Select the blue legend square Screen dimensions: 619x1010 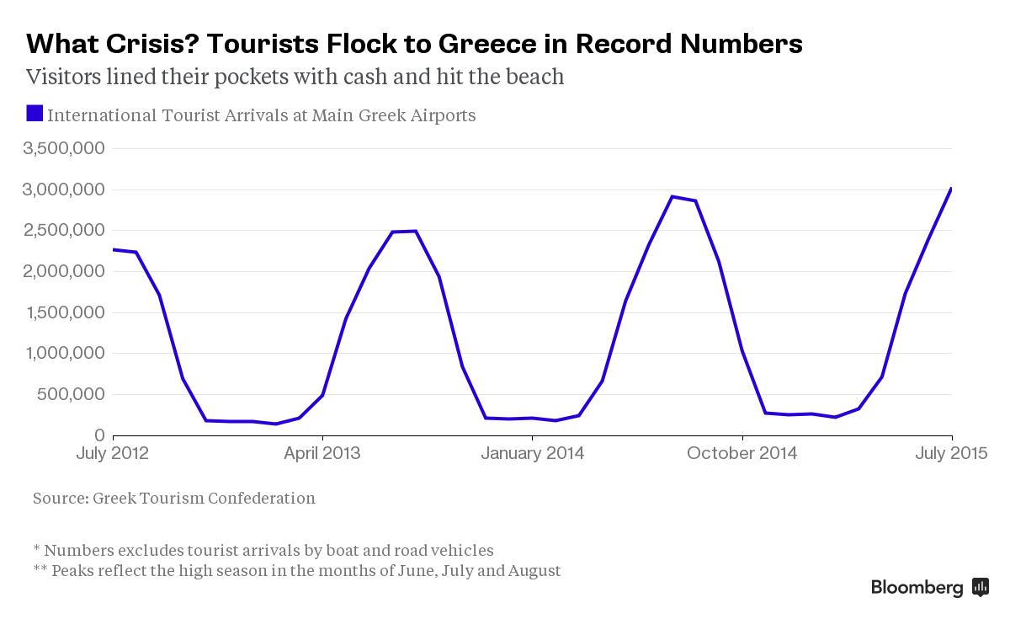pos(35,113)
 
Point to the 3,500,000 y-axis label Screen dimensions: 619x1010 pos(64,148)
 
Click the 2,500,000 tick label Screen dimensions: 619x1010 pos(64,230)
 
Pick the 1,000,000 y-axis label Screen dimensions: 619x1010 pos(64,354)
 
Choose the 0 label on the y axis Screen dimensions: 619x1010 pos(100,435)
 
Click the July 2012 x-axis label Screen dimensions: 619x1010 pos(112,453)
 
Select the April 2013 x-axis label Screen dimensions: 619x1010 pos(322,453)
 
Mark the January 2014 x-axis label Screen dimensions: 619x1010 pos(532,453)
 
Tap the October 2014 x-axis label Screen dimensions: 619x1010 pos(742,453)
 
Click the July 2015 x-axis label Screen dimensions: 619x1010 pos(951,453)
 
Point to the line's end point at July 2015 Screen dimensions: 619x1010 pos(951,189)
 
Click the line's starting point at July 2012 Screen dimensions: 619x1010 pos(113,249)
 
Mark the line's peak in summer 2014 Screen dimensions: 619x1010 pos(672,196)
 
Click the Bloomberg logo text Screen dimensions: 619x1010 pos(917,588)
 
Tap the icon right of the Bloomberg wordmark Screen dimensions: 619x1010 pos(980,588)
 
